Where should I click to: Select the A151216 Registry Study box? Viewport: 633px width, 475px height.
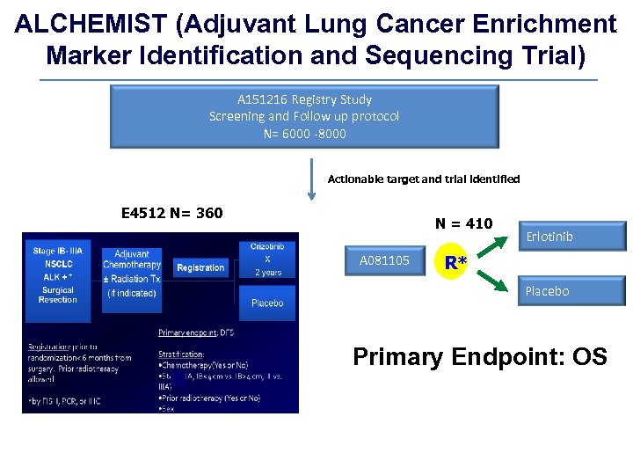303,116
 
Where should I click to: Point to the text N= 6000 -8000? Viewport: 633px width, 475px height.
304,134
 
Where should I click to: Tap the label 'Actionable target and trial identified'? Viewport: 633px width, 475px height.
423,179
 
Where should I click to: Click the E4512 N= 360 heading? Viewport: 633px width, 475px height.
171,213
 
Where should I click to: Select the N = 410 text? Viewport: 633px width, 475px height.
463,223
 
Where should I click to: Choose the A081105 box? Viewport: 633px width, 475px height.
384,260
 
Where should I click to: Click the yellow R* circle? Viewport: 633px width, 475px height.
455,261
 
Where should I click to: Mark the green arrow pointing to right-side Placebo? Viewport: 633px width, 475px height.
493,281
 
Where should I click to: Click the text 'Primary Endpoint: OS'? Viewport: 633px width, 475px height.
479,356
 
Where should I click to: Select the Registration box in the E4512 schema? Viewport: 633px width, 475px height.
200,267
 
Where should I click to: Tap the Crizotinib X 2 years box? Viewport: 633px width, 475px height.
267,259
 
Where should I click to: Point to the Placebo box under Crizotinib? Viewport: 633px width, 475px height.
267,303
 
